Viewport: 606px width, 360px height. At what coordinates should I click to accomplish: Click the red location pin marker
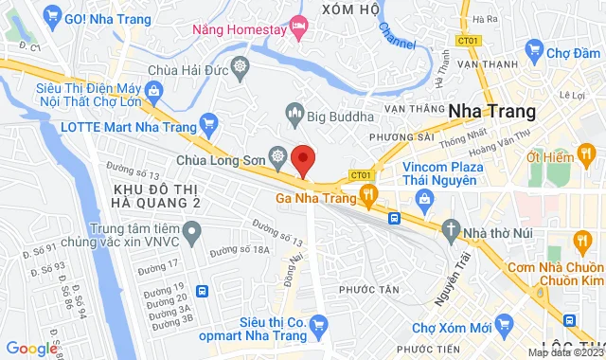coord(303,160)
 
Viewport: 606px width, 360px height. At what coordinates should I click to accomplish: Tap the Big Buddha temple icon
coord(294,117)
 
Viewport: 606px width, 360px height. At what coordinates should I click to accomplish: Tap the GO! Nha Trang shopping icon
coord(53,18)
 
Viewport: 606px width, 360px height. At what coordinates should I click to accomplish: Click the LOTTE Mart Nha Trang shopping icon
coord(208,123)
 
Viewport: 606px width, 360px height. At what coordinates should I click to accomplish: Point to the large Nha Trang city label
coord(491,111)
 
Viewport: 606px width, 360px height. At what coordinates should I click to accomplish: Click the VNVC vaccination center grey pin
coord(191,230)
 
